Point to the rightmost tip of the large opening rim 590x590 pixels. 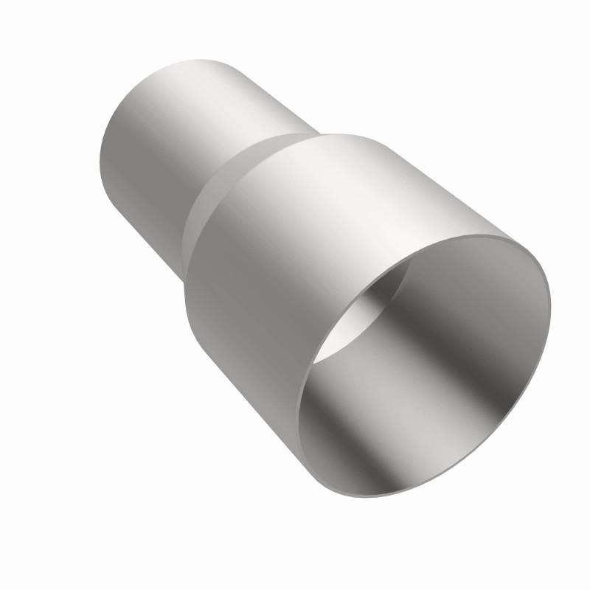point(550,295)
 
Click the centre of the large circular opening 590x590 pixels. point(424,365)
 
